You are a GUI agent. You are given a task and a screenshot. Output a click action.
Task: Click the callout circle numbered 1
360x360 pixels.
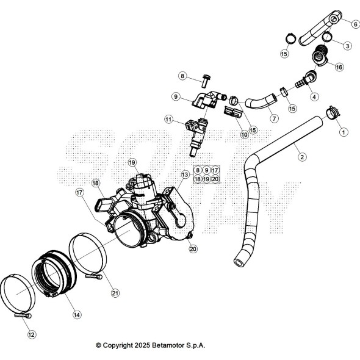pos(343,131)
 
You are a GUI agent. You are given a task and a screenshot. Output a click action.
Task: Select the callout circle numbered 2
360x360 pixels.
pos(301,157)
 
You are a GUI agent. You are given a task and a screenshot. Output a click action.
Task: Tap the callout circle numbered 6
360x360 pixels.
pos(355,24)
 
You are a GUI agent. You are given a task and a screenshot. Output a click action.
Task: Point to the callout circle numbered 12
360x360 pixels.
pos(32,334)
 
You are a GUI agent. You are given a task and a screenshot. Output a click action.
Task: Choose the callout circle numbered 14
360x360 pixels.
pos(77,315)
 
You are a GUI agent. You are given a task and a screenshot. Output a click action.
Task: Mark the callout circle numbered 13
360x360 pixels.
pos(185,175)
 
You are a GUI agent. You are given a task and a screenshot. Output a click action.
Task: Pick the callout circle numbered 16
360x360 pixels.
pos(339,67)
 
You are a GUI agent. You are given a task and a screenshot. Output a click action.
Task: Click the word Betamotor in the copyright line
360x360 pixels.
pos(166,345)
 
